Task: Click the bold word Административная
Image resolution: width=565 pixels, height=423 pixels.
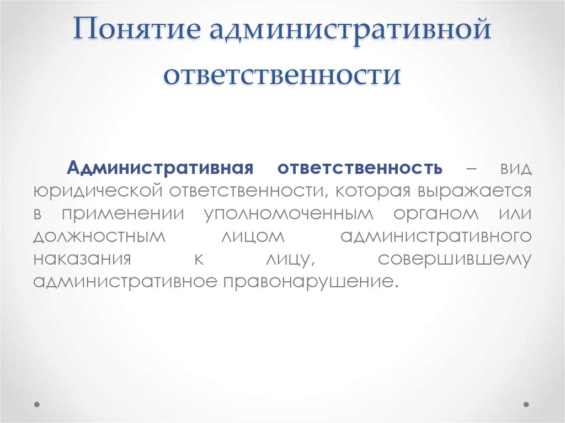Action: [160, 167]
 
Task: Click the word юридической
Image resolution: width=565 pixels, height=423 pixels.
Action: [97, 191]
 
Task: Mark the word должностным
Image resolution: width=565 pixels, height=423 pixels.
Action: [99, 236]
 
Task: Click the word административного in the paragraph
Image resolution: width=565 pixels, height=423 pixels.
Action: [436, 236]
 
